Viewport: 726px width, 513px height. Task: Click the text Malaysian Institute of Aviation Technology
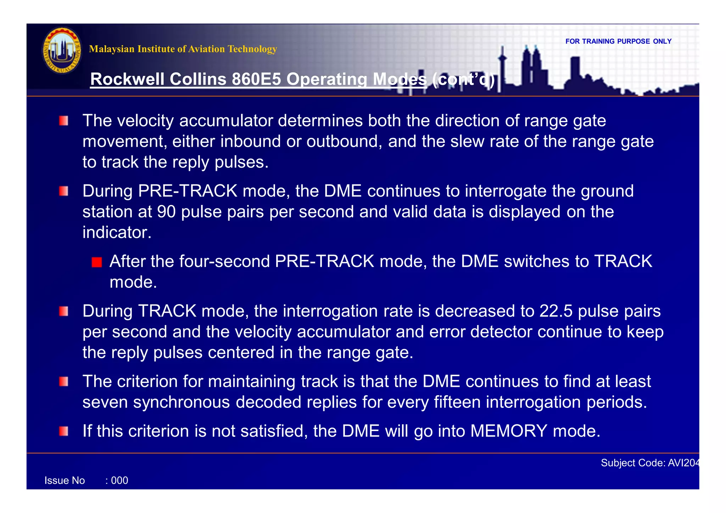[183, 49]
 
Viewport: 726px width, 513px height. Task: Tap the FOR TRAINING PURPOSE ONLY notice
[618, 41]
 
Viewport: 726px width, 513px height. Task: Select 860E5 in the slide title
[256, 79]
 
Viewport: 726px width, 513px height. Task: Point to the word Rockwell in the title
[127, 79]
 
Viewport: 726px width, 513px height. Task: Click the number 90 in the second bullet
[166, 212]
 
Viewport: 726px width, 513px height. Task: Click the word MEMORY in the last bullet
[509, 431]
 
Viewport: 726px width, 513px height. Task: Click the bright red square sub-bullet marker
[96, 262]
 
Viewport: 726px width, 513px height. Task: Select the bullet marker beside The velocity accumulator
[64, 121]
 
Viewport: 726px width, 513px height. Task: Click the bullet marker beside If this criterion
[64, 431]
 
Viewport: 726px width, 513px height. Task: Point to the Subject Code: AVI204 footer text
[649, 463]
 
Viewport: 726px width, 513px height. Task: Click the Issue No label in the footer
[65, 480]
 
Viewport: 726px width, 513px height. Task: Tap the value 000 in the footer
[119, 480]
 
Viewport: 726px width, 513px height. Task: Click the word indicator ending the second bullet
[117, 233]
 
